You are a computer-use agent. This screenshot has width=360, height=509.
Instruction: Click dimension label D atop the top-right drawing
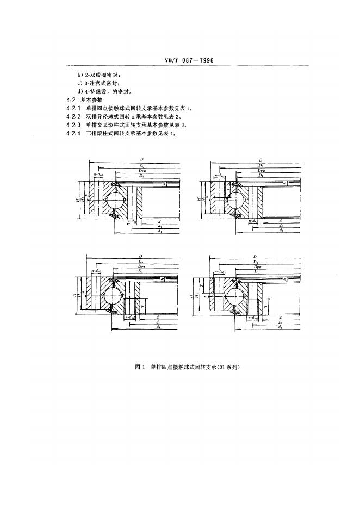(261, 160)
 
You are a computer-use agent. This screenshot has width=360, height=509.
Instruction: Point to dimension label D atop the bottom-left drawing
(140, 256)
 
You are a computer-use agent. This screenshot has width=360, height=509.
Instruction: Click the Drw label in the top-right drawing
(262, 171)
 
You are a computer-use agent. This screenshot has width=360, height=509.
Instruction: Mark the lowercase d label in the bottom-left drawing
(157, 316)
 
